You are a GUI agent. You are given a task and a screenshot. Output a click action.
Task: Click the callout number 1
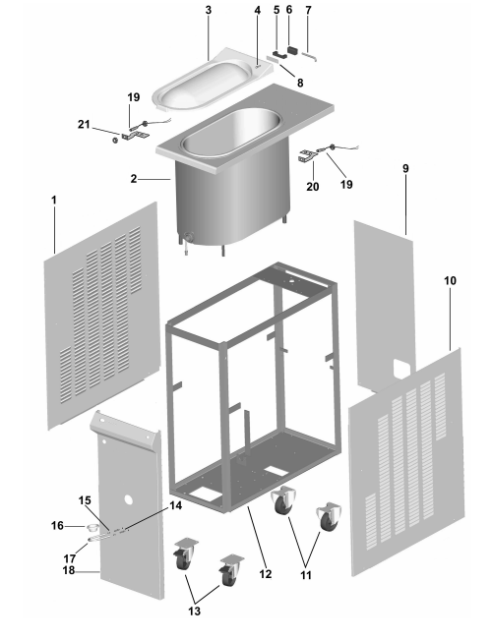(x=53, y=200)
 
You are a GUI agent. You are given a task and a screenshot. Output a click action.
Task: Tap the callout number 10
(x=450, y=281)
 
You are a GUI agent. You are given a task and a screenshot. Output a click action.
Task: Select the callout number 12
(x=266, y=574)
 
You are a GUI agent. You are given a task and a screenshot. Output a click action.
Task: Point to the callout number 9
(x=405, y=168)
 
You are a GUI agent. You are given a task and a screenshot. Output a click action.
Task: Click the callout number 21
(x=84, y=124)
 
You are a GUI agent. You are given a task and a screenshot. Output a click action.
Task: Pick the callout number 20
(x=312, y=187)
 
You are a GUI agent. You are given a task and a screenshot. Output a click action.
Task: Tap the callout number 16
(x=57, y=525)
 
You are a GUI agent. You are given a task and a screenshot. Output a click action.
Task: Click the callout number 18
(x=69, y=570)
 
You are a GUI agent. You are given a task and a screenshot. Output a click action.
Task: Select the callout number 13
(x=195, y=611)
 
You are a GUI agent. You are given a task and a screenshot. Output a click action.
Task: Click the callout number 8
(x=300, y=83)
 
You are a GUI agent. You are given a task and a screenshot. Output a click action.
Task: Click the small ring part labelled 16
(x=92, y=527)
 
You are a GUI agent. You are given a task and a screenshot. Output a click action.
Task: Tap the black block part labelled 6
(x=292, y=50)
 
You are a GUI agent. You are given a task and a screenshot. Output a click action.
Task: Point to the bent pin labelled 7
(x=309, y=56)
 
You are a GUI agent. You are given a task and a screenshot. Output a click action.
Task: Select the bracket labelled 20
(x=307, y=156)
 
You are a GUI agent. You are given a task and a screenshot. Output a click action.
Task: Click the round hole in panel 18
(x=129, y=499)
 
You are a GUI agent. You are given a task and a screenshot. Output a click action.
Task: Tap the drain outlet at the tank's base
(x=189, y=238)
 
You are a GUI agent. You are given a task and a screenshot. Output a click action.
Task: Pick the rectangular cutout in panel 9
(x=401, y=368)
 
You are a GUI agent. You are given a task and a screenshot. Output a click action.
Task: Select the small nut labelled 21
(x=115, y=141)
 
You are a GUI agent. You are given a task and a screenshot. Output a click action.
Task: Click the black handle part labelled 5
(x=279, y=54)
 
